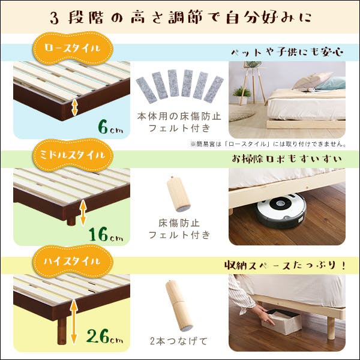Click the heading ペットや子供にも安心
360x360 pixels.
(x=286, y=52)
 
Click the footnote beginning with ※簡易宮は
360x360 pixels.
(x=268, y=144)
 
